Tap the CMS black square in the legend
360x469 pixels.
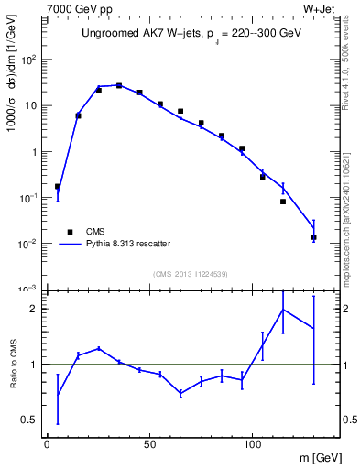point(70,232)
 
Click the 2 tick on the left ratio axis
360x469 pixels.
point(36,309)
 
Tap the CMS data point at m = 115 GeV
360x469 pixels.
point(283,202)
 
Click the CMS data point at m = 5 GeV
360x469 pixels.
point(58,187)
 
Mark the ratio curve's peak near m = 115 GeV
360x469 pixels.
point(283,309)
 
